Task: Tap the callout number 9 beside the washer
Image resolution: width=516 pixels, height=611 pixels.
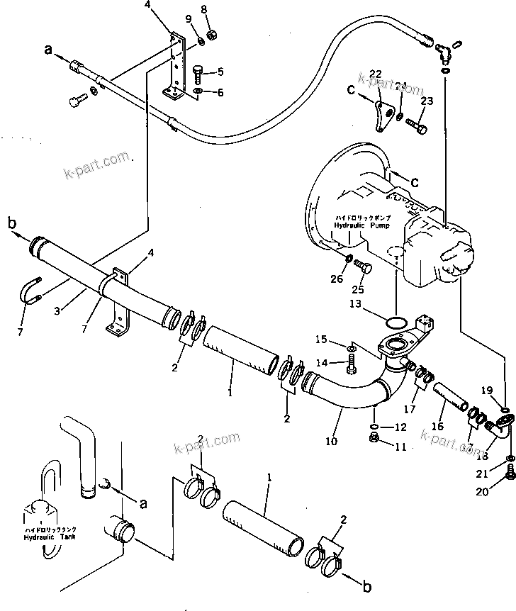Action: pos(189,18)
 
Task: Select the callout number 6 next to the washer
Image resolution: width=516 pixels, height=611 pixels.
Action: pos(220,93)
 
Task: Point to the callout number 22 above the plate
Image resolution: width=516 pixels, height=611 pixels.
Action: pos(375,74)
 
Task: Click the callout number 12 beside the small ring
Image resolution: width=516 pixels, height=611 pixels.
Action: pos(400,427)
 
